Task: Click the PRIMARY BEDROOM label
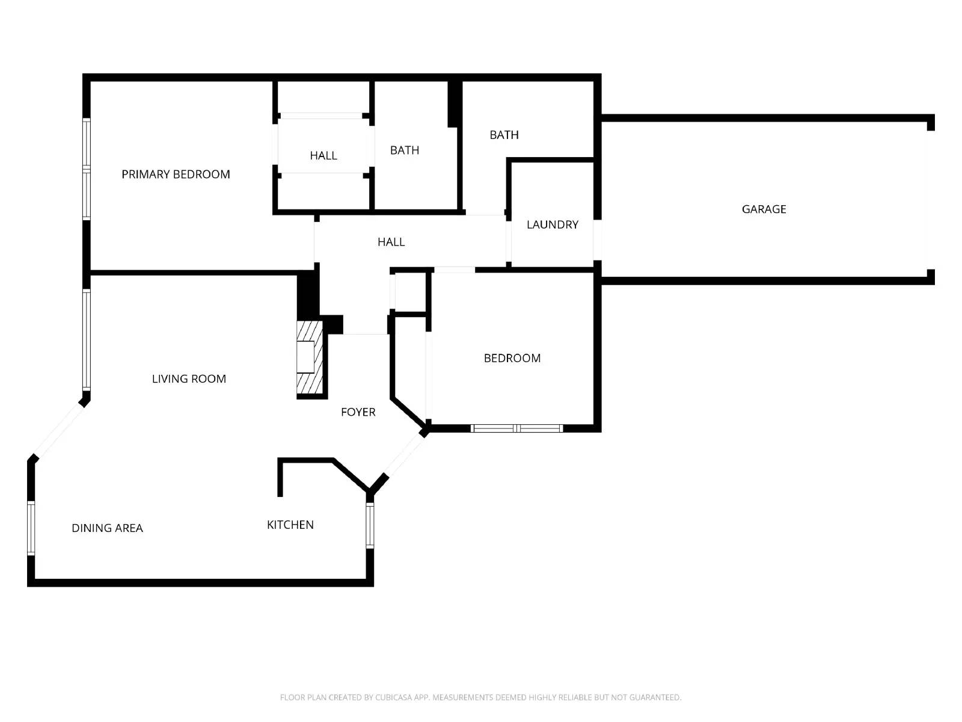tap(176, 174)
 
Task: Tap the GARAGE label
tap(764, 209)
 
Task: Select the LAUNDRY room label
tap(552, 224)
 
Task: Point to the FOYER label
tap(358, 412)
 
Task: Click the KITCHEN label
tap(290, 525)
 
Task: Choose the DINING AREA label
tap(107, 528)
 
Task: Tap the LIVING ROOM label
tap(189, 379)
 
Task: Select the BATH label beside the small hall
tap(404, 150)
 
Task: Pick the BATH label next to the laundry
tap(504, 135)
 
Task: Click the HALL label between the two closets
tap(323, 156)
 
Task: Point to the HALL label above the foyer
tap(391, 242)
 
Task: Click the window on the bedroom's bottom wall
tap(516, 428)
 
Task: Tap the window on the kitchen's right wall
tap(370, 525)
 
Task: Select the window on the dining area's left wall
tap(31, 527)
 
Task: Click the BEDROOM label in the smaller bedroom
tap(512, 359)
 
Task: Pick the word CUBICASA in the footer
tap(393, 697)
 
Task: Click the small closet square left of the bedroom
tap(410, 292)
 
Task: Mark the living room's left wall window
tap(87, 339)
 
